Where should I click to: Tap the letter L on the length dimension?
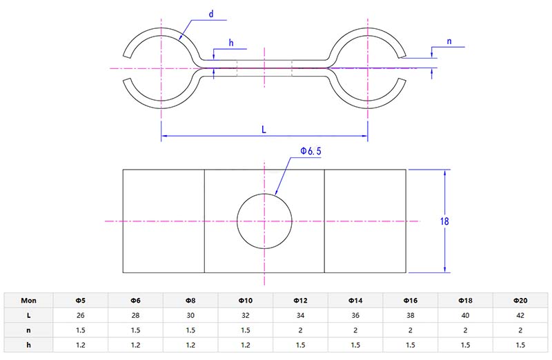click(x=265, y=128)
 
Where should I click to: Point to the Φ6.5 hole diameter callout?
click(x=310, y=150)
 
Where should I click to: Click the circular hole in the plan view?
click(x=265, y=221)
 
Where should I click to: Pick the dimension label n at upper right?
click(x=449, y=41)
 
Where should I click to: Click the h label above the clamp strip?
click(x=231, y=43)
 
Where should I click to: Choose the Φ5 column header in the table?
click(x=81, y=301)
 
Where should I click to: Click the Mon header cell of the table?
click(x=28, y=301)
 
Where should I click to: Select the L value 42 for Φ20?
click(x=520, y=314)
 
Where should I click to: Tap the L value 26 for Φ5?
click(x=81, y=314)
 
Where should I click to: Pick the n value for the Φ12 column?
click(x=300, y=329)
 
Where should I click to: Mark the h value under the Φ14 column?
click(x=355, y=343)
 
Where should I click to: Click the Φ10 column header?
click(x=246, y=301)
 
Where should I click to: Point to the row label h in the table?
click(x=28, y=343)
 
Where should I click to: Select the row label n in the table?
click(x=28, y=329)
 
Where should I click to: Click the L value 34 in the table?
click(x=300, y=314)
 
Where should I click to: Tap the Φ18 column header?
click(x=465, y=301)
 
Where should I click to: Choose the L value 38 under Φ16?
click(x=411, y=314)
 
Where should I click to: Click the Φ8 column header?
click(x=190, y=301)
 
